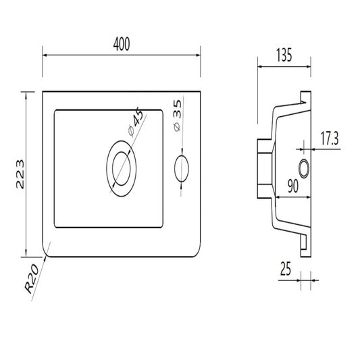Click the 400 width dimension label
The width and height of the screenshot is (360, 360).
tap(122, 44)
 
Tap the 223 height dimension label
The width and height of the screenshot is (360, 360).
tap(20, 174)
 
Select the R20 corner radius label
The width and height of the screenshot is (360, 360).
tap(32, 278)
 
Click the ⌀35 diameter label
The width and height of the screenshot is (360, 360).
tap(177, 115)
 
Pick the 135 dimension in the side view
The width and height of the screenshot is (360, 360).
tap(284, 55)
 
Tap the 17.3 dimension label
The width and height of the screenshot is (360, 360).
tap(329, 138)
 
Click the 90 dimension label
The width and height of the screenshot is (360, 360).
tap(293, 186)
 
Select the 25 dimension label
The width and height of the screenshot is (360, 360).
tap(286, 269)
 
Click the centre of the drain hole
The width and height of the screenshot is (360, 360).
tap(121, 169)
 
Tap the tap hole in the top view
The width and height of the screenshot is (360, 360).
tap(182, 169)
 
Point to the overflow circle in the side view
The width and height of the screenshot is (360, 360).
tap(304, 169)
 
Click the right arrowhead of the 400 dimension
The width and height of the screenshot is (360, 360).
tap(198, 55)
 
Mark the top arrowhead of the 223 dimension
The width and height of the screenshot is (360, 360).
tap(26, 95)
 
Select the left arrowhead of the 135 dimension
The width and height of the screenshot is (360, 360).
tap(260, 67)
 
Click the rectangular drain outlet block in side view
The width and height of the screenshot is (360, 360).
tap(265, 169)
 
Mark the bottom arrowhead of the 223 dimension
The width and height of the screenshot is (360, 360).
tap(26, 254)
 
